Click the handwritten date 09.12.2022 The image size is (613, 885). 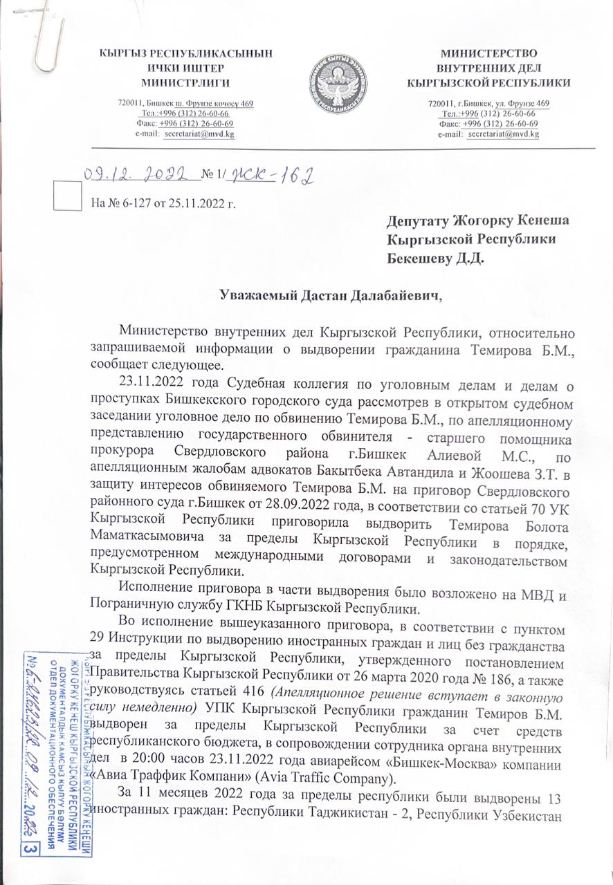(x=137, y=176)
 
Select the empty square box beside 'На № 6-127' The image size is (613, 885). (x=66, y=198)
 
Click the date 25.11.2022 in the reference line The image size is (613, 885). (x=201, y=204)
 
